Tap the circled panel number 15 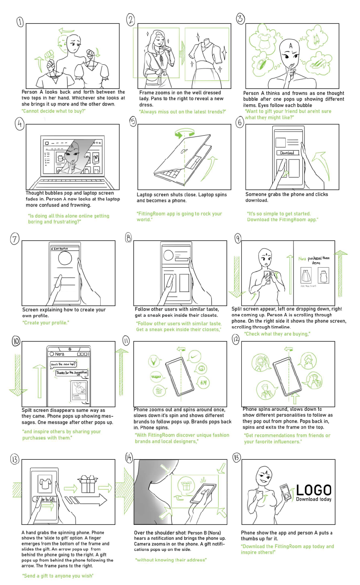click(x=236, y=457)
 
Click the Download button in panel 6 click(x=287, y=153)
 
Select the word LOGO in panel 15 click(x=314, y=490)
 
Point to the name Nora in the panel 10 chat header click(x=59, y=354)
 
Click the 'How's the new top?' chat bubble click(x=63, y=364)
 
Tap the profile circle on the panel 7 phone click(x=65, y=259)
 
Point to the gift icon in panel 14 click(x=186, y=486)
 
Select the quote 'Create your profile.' click(x=46, y=323)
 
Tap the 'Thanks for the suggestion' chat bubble click(x=72, y=372)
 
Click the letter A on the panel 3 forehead click(x=291, y=45)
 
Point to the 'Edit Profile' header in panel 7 click(x=59, y=248)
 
